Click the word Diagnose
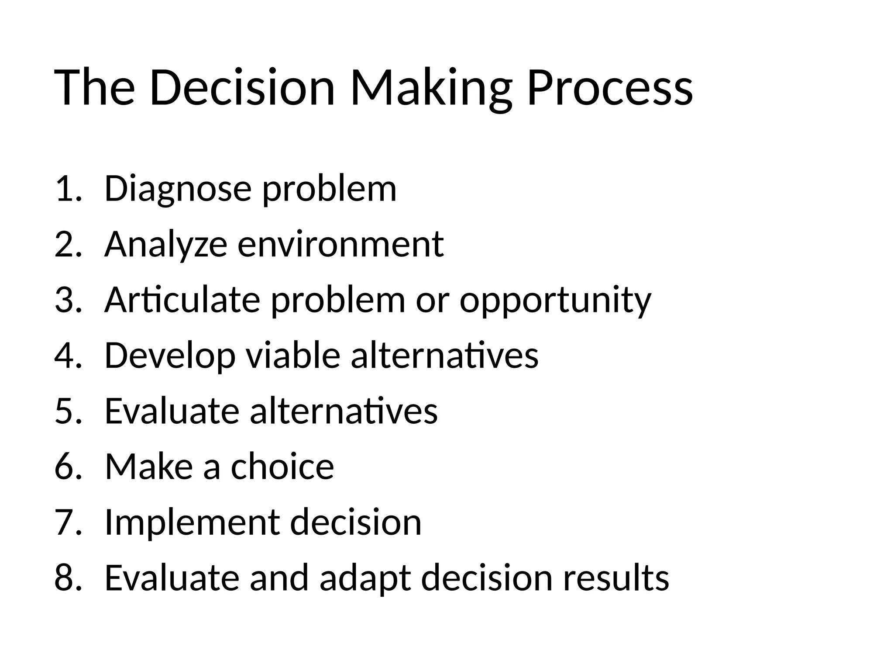point(178,189)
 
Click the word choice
point(282,467)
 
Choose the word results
point(615,578)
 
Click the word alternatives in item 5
point(344,411)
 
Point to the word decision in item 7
point(355,522)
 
